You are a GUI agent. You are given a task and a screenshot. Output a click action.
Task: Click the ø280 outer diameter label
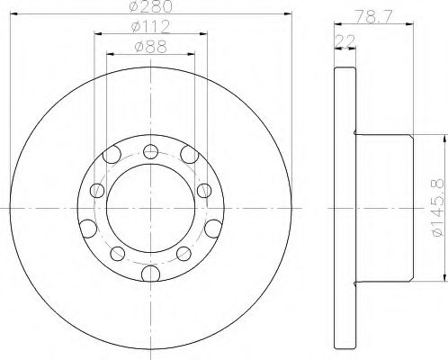[149, 7]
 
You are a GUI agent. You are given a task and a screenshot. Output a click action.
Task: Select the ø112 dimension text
[149, 27]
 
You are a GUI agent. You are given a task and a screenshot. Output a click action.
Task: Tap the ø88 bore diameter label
[149, 46]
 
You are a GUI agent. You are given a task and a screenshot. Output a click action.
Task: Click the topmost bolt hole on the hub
[148, 150]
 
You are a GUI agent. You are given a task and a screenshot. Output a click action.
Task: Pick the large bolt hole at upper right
[187, 157]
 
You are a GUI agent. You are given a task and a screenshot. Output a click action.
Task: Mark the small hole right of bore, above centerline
[203, 190]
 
